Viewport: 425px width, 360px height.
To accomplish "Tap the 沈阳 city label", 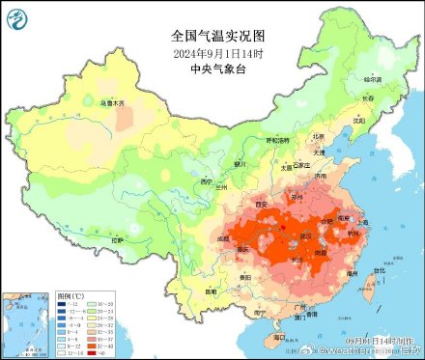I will point(358,121).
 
